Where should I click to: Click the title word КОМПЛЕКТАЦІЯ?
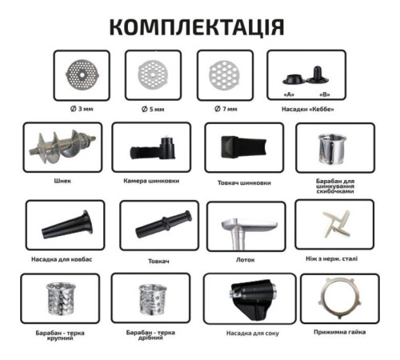coord(195,26)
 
